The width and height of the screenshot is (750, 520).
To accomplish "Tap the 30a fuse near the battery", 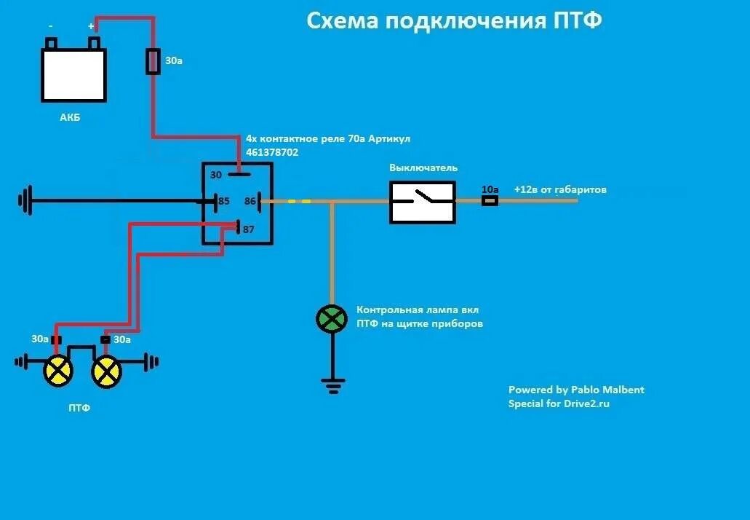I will coord(153,61).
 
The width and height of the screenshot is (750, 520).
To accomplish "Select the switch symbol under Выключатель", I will coord(423,202).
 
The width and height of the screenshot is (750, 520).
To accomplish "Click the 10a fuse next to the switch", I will coord(490,200).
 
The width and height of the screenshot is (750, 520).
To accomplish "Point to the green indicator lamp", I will coord(332,319).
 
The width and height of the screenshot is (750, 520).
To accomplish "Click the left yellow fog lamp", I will coord(58,371).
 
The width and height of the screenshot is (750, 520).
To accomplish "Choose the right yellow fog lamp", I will coord(106,372).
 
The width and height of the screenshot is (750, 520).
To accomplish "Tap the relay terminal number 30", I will coord(216,176).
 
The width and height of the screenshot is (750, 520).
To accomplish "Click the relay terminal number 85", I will coord(223,200).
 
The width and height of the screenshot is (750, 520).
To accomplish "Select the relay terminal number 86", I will coord(250,200).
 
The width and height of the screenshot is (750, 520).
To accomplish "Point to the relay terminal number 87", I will coord(249,229).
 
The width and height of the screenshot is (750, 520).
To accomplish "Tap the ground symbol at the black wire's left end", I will coord(27,200).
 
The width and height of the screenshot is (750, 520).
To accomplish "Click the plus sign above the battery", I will coord(92,26).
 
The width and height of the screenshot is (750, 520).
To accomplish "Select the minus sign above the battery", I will coord(50,26).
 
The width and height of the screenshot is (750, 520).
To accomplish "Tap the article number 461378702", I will coord(272,153).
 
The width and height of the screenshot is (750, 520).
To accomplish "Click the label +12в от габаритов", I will coord(560,189).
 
